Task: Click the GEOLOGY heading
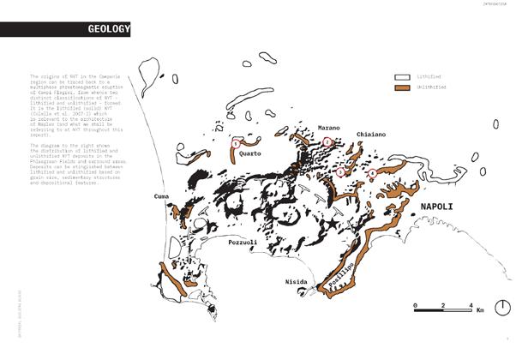click(109, 31)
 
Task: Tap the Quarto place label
click(250, 153)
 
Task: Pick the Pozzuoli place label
click(243, 243)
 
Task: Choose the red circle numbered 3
click(340, 172)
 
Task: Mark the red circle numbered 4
click(371, 174)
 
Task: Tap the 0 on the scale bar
click(414, 305)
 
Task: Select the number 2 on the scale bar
click(441, 305)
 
